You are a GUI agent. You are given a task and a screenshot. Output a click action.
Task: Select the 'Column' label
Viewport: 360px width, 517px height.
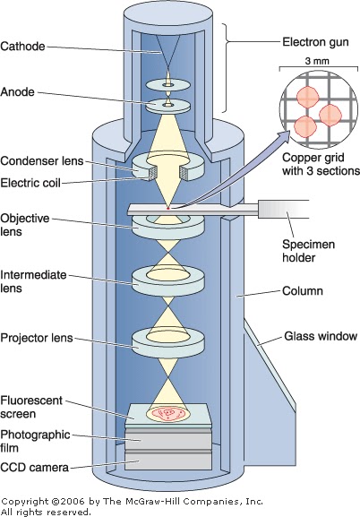pos(302,292)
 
